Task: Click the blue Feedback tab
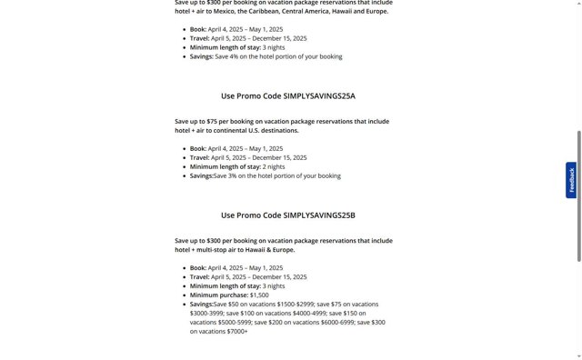[x=571, y=180]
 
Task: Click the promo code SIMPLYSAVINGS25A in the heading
[x=319, y=95]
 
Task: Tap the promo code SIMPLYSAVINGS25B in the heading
[x=319, y=215]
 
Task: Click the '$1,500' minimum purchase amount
[x=259, y=295]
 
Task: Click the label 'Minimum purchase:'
[x=218, y=295]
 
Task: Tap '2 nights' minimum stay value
[x=274, y=166]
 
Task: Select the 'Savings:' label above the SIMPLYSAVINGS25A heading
[x=201, y=56]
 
